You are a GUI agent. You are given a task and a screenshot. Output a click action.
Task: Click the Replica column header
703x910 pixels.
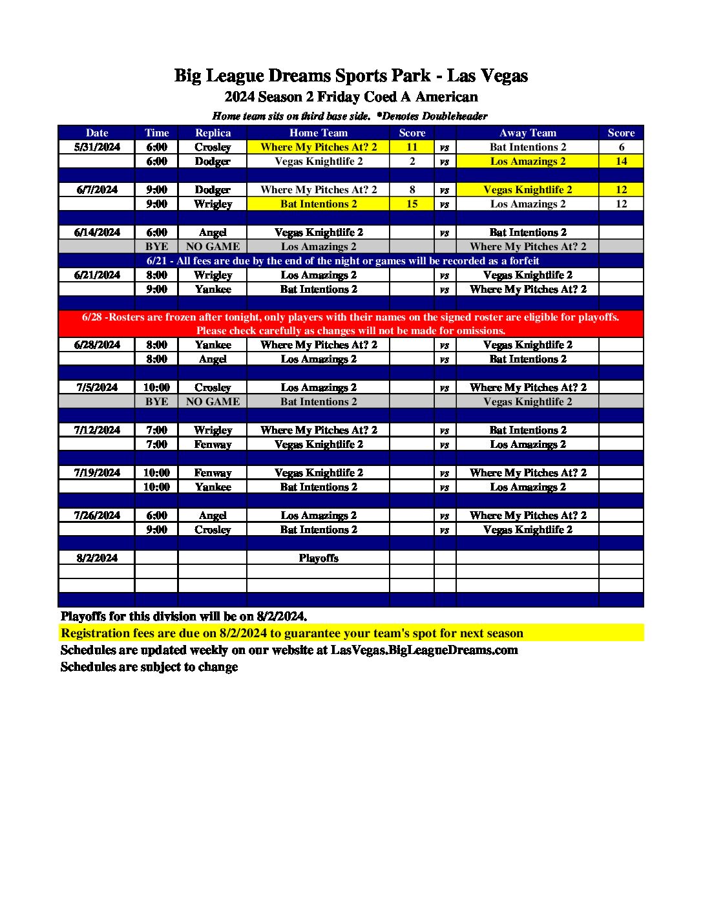pos(213,133)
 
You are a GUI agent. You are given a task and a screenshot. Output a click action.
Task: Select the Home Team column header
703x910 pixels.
pos(319,133)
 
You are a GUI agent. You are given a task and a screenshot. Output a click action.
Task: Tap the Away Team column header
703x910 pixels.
pos(527,133)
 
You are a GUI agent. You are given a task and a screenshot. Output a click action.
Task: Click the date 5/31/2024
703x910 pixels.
pos(97,147)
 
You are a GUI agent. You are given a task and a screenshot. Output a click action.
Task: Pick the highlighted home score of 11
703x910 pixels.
pos(412,147)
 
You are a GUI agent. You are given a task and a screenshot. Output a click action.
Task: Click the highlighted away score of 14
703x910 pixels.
pos(621,162)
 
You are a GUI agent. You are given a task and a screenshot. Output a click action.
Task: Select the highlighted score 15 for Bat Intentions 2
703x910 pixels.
pos(412,204)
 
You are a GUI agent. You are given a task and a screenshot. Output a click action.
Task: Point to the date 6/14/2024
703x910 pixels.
pos(97,233)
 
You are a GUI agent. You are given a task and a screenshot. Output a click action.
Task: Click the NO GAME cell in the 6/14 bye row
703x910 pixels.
pos(213,247)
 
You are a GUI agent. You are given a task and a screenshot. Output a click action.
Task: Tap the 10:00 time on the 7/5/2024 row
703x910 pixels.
pos(156,388)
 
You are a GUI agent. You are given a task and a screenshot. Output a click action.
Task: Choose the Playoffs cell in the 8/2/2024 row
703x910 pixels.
pos(319,558)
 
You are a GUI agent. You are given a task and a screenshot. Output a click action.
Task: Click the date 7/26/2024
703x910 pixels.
pos(97,516)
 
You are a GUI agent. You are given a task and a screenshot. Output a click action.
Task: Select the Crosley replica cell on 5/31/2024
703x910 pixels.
pos(213,147)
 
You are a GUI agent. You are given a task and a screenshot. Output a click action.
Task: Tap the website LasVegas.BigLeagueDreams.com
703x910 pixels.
pos(424,650)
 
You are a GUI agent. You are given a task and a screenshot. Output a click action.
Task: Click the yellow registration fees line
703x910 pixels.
pos(292,633)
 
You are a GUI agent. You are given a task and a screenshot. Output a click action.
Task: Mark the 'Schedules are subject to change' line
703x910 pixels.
pos(149,667)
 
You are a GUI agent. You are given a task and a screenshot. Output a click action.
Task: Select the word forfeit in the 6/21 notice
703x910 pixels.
pos(522,261)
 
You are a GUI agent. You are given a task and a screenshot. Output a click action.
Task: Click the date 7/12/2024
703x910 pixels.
pos(97,430)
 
